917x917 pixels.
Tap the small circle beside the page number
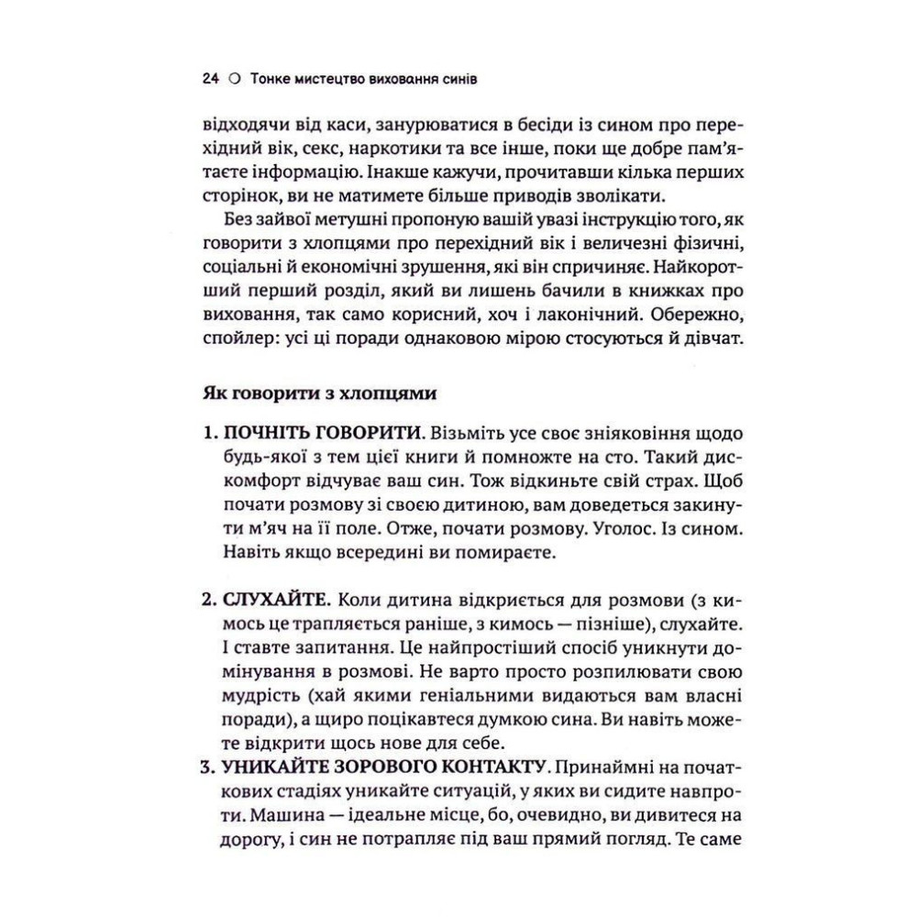click(234, 81)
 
